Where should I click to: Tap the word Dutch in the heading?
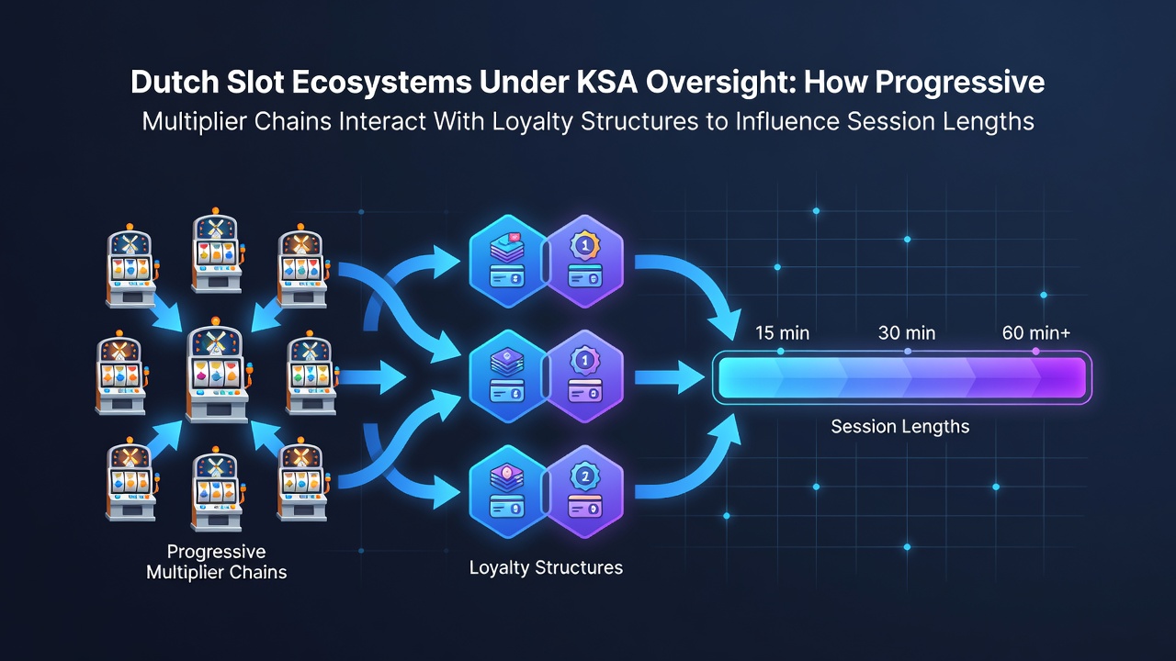pos(175,83)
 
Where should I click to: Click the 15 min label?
pos(782,333)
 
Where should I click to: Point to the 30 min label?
pos(907,333)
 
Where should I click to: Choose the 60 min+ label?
pos(1035,333)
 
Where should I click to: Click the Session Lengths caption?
pos(899,427)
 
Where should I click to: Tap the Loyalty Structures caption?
pos(546,567)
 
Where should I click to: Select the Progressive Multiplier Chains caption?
pos(216,562)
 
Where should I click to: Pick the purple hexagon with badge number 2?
pos(585,491)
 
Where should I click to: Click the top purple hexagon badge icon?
pos(585,261)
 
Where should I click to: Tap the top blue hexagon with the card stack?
pos(508,261)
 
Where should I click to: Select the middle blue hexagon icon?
pos(508,376)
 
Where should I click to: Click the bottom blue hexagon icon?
pos(508,491)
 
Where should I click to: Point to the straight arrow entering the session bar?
pos(669,377)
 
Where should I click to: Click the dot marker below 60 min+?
pos(1035,352)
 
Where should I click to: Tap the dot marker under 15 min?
pos(781,352)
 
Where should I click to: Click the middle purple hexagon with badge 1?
pos(585,376)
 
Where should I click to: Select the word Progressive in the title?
pos(959,83)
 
